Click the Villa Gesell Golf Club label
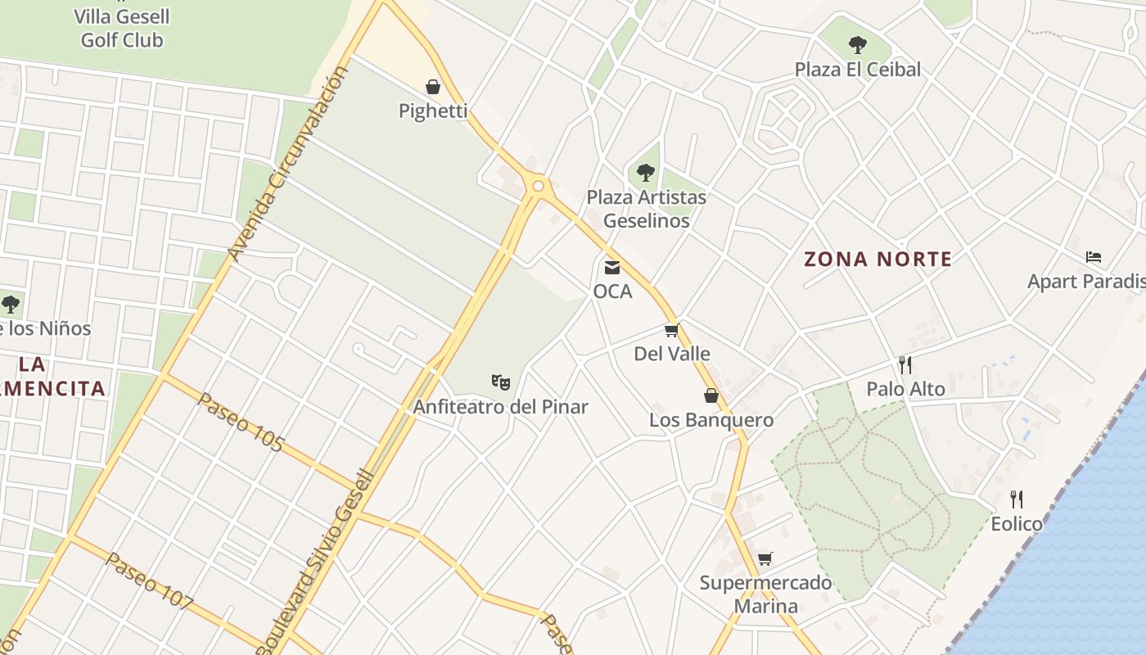pyautogui.click(x=121, y=28)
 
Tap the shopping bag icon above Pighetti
pyautogui.click(x=433, y=87)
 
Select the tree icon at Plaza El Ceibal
pyautogui.click(x=857, y=45)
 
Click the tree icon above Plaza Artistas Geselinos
pyautogui.click(x=645, y=173)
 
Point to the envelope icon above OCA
pyautogui.click(x=611, y=267)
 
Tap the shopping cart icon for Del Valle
pyautogui.click(x=672, y=330)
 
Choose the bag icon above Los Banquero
pyautogui.click(x=711, y=395)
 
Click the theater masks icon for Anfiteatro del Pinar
pyautogui.click(x=500, y=382)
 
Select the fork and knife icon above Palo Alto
pyautogui.click(x=905, y=364)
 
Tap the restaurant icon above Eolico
pyautogui.click(x=1017, y=499)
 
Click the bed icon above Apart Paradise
pyautogui.click(x=1093, y=257)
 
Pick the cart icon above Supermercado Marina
pyautogui.click(x=765, y=558)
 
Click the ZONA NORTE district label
pyautogui.click(x=878, y=260)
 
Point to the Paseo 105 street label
pyautogui.click(x=241, y=422)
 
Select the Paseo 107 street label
pyautogui.click(x=151, y=581)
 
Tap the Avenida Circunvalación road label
pyautogui.click(x=288, y=164)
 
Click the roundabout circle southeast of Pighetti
pyautogui.click(x=538, y=187)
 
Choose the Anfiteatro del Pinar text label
pyautogui.click(x=500, y=407)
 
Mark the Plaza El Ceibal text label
pyautogui.click(x=857, y=70)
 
